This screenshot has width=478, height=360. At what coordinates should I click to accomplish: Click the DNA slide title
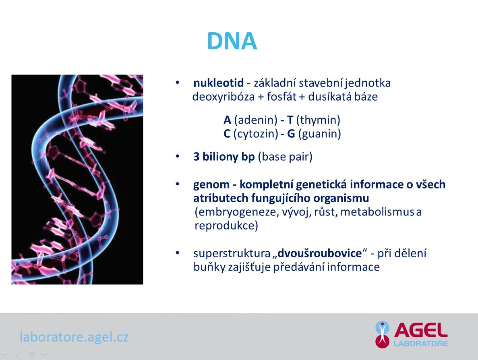coord(232,41)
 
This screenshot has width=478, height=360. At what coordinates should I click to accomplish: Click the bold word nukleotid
coord(219,83)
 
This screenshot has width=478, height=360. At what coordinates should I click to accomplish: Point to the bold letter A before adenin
coord(228,120)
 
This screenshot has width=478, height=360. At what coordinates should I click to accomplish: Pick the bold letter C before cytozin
coord(227,134)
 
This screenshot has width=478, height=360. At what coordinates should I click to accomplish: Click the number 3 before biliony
coord(197,157)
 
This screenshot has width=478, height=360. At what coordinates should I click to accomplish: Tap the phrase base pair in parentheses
coord(285,157)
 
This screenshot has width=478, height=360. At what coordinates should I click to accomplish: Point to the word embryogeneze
coord(236,212)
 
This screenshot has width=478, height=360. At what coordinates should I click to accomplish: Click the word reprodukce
coord(226,226)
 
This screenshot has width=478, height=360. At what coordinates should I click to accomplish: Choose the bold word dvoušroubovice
coord(319,253)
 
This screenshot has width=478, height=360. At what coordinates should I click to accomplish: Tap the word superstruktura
coord(232,254)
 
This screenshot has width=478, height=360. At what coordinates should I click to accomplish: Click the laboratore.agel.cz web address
coord(74,337)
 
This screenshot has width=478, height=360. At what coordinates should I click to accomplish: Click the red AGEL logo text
coord(421,330)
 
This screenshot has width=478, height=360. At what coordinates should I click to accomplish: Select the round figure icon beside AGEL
coord(382,334)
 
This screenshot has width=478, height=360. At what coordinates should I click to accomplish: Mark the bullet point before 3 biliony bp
coord(178,156)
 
